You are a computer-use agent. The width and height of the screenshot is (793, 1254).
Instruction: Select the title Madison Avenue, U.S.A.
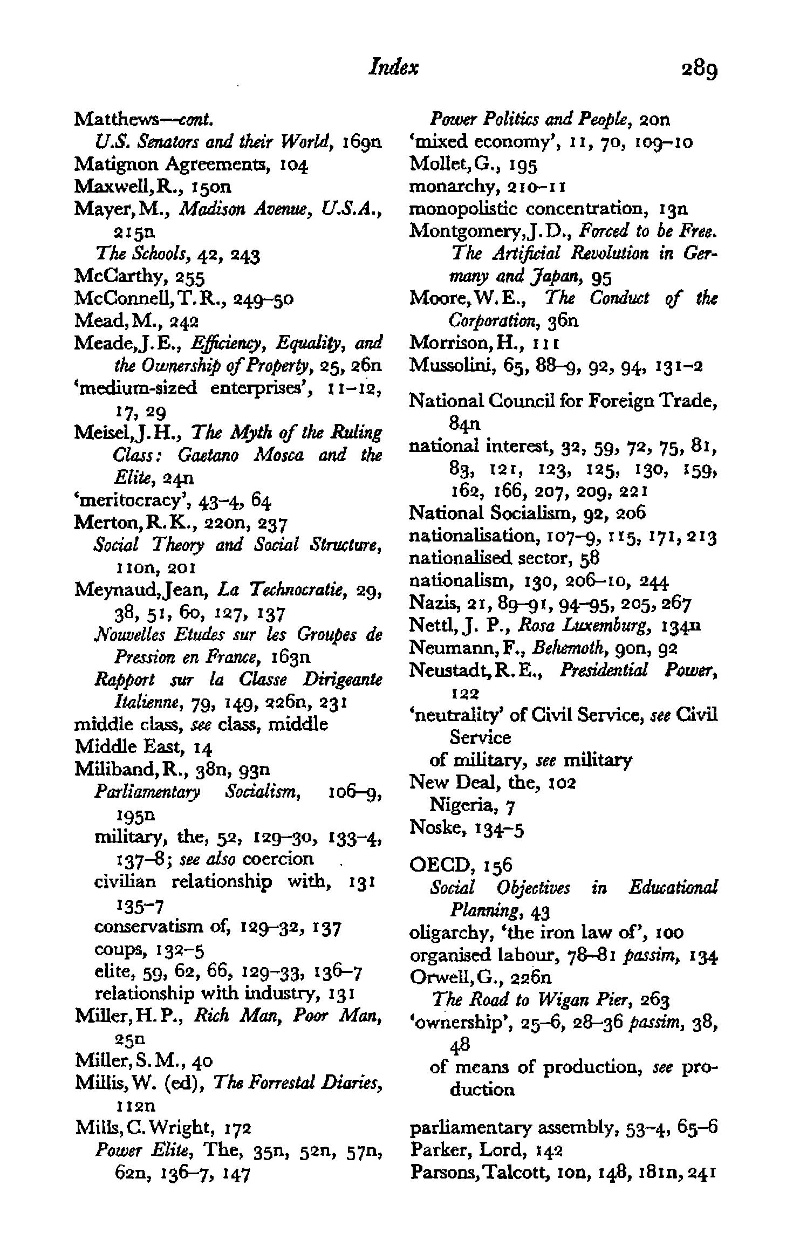tap(281, 209)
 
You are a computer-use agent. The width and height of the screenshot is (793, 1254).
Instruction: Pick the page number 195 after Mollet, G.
tap(522, 164)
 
